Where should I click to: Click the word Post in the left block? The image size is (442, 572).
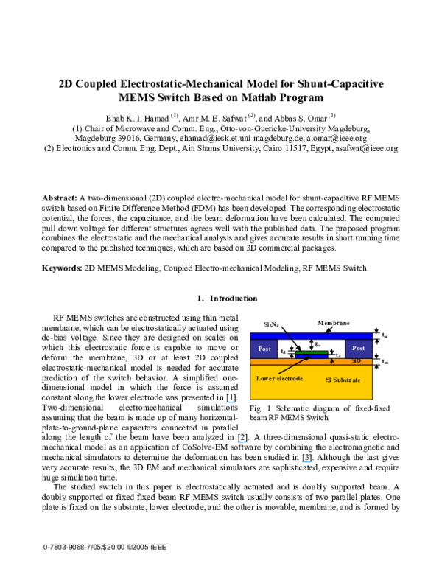(x=264, y=349)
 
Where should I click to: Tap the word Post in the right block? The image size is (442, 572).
(x=358, y=348)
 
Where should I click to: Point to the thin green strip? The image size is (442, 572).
(x=312, y=352)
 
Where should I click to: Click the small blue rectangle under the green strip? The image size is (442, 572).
(x=312, y=356)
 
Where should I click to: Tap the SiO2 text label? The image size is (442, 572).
(x=357, y=360)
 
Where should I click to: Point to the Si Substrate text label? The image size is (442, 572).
(x=343, y=380)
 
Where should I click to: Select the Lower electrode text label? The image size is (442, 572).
(x=279, y=378)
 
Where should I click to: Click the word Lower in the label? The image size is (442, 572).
(x=264, y=378)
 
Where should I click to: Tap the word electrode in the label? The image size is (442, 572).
(x=288, y=378)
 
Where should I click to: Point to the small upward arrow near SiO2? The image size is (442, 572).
(x=331, y=361)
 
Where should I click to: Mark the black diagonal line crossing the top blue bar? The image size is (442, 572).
(x=289, y=336)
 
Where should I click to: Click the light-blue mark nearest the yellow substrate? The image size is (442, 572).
(x=231, y=402)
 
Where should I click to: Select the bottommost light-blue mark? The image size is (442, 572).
(x=306, y=463)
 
